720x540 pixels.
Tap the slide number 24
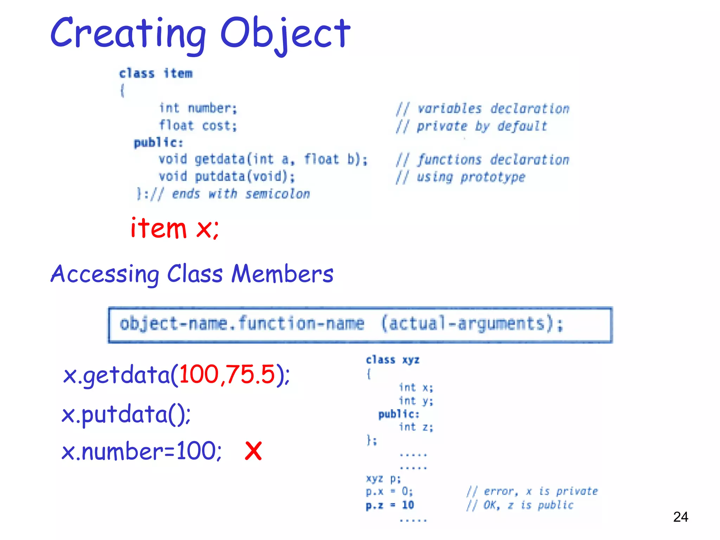pyautogui.click(x=680, y=517)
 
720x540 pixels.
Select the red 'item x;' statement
pyautogui.click(x=174, y=229)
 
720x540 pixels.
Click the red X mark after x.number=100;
pyautogui.click(x=253, y=451)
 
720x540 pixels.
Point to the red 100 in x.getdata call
pyautogui.click(x=199, y=374)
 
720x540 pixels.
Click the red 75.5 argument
pyautogui.click(x=250, y=374)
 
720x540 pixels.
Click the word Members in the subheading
pyautogui.click(x=282, y=274)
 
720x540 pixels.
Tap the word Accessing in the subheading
pyautogui.click(x=105, y=274)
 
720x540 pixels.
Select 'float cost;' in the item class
pyautogui.click(x=198, y=126)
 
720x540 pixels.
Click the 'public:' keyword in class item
pyautogui.click(x=158, y=143)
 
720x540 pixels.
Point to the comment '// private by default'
pyautogui.click(x=471, y=126)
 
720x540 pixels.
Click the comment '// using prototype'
pyautogui.click(x=461, y=177)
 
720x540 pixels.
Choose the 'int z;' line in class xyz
pyautogui.click(x=416, y=427)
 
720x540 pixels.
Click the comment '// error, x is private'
pyautogui.click(x=532, y=491)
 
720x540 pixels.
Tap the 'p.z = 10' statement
pyautogui.click(x=390, y=505)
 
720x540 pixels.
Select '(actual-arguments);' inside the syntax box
pyautogui.click(x=472, y=324)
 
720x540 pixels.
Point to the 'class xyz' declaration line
pyautogui.click(x=392, y=360)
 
